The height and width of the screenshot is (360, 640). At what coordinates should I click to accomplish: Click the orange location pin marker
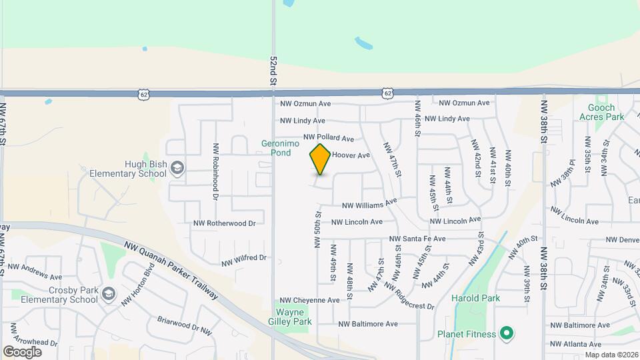320,159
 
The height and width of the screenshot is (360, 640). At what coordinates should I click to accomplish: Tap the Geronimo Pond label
276,148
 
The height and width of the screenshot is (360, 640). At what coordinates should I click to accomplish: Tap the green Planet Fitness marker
506,333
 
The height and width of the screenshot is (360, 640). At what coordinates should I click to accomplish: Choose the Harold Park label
475,298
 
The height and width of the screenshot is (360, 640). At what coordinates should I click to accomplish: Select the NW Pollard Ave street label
329,137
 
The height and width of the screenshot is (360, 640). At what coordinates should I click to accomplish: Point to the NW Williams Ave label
369,203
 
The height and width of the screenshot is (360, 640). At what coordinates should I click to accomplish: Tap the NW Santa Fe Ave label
417,239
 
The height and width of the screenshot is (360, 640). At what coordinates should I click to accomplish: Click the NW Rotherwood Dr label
225,223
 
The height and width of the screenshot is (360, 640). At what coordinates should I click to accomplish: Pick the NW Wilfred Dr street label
244,258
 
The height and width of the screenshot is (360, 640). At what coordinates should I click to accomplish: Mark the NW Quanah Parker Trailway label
171,270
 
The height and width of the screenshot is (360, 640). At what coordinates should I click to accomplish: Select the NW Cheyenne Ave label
309,301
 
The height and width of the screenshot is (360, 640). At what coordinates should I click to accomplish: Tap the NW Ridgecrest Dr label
409,296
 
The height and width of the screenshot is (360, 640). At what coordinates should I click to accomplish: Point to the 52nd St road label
273,70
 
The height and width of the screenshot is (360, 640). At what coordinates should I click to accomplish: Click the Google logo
22,352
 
